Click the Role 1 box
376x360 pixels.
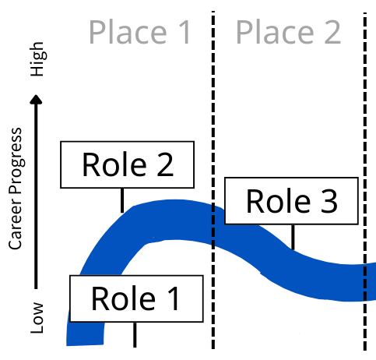pos(136,298)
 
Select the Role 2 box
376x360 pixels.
pos(127,164)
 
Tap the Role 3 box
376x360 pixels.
pos(291,201)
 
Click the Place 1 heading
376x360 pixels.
pos(140,32)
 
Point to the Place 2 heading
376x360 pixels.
pos(288,32)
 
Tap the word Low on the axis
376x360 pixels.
pos(37,318)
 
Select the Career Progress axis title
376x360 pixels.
pos(16,189)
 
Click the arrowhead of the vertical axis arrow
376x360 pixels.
pos(36,100)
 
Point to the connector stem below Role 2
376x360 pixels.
pos(122,200)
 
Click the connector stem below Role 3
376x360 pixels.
pos(293,237)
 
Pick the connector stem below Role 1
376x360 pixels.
pos(135,335)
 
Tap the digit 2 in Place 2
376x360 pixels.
pos(332,32)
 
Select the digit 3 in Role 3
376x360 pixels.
pos(329,201)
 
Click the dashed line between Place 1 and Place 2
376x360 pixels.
pos(213,180)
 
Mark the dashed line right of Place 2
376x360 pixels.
pos(365,182)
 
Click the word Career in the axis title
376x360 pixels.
pos(16,226)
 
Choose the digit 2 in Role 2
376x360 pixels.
pos(165,164)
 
